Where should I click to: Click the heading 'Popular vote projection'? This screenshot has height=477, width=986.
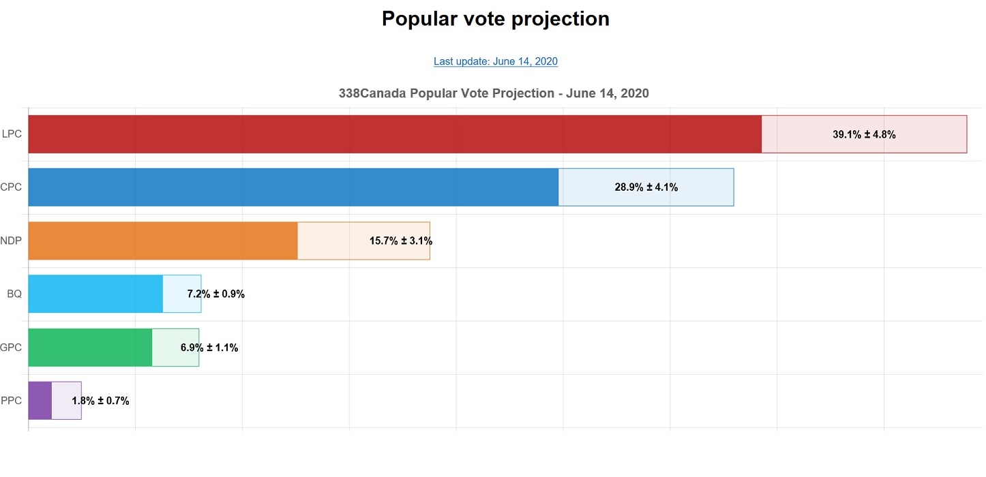pyautogui.click(x=495, y=19)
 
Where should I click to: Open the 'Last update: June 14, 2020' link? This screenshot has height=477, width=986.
pyautogui.click(x=496, y=61)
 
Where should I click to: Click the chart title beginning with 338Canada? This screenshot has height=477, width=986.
pyautogui.click(x=494, y=93)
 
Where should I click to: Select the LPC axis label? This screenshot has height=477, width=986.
pyautogui.click(x=12, y=134)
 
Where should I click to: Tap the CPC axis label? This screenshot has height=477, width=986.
pyautogui.click(x=11, y=187)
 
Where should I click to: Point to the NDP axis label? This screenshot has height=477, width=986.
pyautogui.click(x=11, y=241)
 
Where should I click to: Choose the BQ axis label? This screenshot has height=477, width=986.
pyautogui.click(x=14, y=294)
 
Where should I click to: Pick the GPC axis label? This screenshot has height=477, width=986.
pyautogui.click(x=11, y=347)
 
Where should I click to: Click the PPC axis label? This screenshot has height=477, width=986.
pyautogui.click(x=11, y=400)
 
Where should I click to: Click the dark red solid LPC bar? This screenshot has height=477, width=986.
pyautogui.click(x=394, y=134)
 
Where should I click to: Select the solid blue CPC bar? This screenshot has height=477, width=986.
pyautogui.click(x=293, y=187)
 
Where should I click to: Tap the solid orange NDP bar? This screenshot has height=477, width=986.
pyautogui.click(x=163, y=241)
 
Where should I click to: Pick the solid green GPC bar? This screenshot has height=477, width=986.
pyautogui.click(x=90, y=347)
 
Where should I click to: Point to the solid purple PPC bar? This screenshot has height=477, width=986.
pyautogui.click(x=40, y=400)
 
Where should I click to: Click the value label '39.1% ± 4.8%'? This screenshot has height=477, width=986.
pyautogui.click(x=864, y=135)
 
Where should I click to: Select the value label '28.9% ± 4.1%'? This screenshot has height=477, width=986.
pyautogui.click(x=646, y=187)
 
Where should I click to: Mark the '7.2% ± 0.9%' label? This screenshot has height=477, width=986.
pyautogui.click(x=215, y=294)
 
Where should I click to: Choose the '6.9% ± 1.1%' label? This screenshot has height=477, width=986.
pyautogui.click(x=209, y=348)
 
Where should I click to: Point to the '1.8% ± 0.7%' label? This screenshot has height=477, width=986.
pyautogui.click(x=100, y=401)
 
